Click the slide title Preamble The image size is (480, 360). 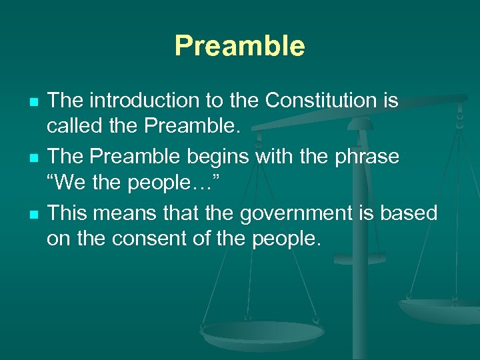239,46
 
